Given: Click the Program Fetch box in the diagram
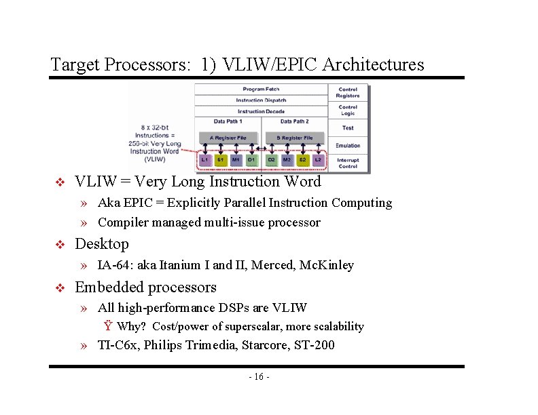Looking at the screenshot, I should tap(261, 90).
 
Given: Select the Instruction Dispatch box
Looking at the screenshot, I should tap(261, 100).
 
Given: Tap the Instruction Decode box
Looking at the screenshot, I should tap(261, 111).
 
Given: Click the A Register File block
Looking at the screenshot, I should tap(228, 138).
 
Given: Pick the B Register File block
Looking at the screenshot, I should tap(294, 138).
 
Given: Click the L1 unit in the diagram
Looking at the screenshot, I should tap(205, 161).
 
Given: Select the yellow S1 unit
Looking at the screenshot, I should tap(221, 161).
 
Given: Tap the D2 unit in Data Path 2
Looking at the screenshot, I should tap(270, 161).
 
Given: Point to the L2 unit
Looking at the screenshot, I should tap(318, 161).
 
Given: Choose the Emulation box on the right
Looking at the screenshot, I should tap(348, 145).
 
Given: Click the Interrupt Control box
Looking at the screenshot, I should tap(348, 163).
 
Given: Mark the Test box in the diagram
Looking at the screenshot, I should tap(348, 128).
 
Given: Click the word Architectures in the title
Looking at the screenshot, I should tap(373, 65).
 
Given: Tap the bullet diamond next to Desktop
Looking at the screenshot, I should tap(59, 245).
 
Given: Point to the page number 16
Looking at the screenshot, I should tap(259, 377).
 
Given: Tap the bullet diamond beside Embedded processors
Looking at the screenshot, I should tap(59, 288).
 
